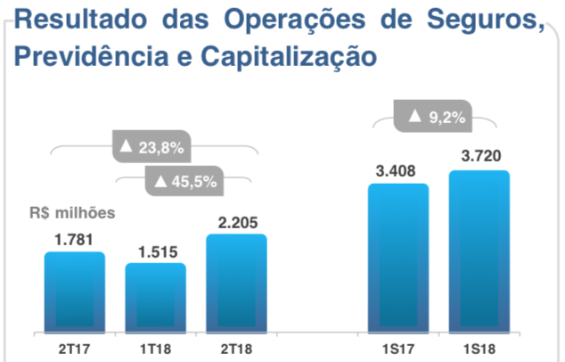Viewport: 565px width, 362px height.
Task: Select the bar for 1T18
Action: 156,297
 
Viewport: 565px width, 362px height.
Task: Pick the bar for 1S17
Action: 397,258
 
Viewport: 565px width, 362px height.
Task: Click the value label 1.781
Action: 75,239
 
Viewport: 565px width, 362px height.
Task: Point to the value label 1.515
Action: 156,251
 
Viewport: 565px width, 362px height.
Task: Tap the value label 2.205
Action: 236,221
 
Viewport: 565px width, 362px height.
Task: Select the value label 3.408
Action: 397,170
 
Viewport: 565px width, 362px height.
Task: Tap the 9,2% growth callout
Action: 434,116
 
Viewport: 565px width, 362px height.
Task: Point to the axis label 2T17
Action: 75,346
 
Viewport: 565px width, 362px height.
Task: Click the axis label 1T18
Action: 156,346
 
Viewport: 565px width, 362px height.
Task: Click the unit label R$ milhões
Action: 70,213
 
